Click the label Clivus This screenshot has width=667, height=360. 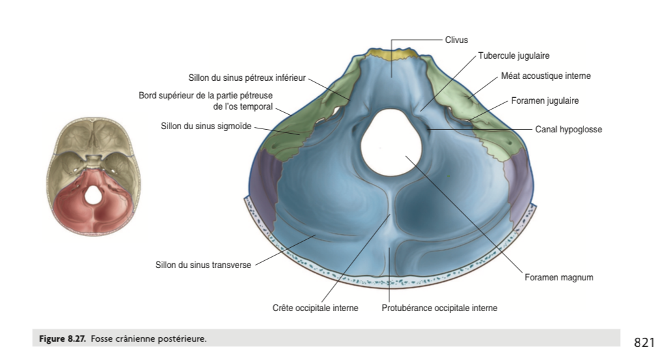tap(456, 40)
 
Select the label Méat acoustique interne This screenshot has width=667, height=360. tap(546, 76)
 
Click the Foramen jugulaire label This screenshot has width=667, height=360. tap(544, 101)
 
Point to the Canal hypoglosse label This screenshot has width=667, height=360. tap(569, 130)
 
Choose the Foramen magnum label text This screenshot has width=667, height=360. tap(559, 277)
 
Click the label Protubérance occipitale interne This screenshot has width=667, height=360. tap(439, 308)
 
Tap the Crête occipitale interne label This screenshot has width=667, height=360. tap(315, 308)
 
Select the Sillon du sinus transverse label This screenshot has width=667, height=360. tap(203, 265)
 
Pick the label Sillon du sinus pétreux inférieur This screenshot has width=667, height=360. tap(246, 78)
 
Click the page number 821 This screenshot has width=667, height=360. tap(644, 342)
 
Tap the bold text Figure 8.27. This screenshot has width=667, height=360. tap(61, 338)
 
